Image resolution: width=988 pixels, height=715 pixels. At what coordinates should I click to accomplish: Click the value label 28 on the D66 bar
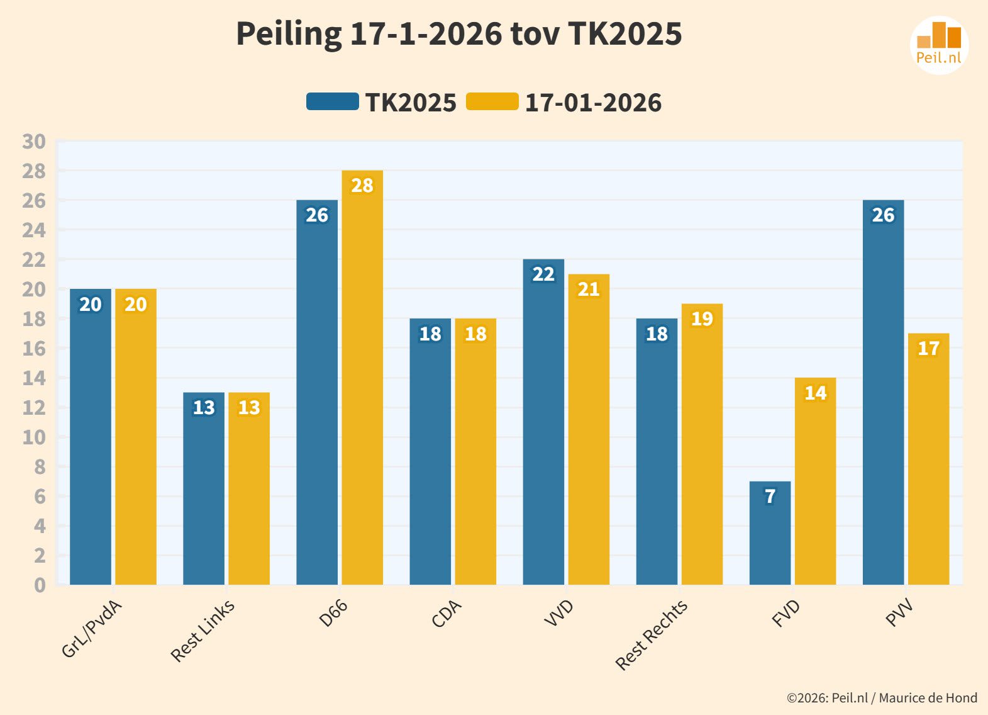point(362,186)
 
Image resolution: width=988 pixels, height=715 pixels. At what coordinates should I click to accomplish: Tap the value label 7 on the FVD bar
point(770,497)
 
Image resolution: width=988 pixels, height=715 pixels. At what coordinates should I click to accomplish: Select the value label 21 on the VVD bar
point(589,290)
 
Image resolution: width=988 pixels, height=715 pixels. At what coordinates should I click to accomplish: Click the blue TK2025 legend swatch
point(332,102)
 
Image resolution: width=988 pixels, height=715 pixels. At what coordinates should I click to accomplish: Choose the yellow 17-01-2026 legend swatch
point(492,102)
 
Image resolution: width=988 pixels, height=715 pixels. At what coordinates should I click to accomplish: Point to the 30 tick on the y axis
point(34,142)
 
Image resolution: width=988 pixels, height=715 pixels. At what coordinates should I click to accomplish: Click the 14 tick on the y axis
point(34,378)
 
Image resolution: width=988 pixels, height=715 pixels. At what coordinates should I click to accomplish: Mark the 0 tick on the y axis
point(40,585)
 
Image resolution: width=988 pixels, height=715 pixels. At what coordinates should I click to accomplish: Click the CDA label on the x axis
point(447,614)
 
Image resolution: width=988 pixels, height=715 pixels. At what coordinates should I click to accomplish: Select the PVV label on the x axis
point(899,613)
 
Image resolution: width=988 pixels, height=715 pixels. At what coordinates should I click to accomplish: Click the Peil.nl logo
point(939,45)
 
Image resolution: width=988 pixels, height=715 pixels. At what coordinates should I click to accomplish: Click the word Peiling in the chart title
point(289,34)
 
